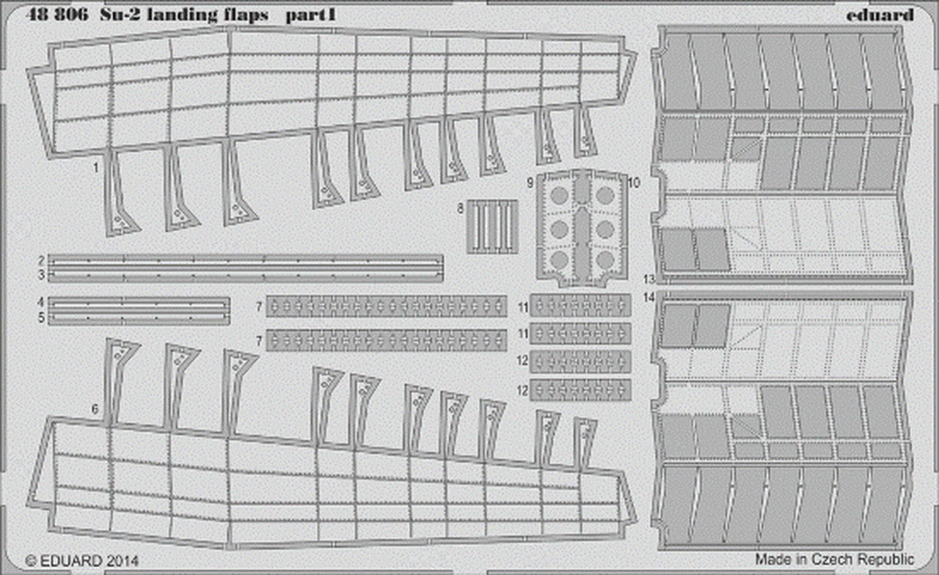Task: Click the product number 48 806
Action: (50, 14)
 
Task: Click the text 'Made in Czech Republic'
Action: (834, 558)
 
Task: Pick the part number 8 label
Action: (461, 208)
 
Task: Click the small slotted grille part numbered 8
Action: (492, 227)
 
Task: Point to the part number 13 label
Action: (648, 279)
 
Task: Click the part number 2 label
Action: (42, 260)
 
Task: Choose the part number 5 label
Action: (42, 318)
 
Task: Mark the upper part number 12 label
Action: (522, 361)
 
